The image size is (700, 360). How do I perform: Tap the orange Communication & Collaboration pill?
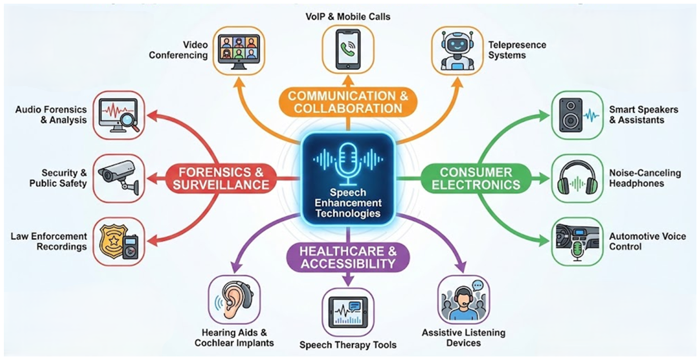click(348, 102)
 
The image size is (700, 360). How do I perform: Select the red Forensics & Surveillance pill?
click(221, 179)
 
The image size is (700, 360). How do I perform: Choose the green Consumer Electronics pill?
click(476, 179)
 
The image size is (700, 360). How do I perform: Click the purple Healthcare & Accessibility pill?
click(348, 257)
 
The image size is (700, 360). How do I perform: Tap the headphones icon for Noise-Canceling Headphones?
click(577, 178)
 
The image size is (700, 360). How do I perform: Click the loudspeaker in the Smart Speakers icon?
click(571, 115)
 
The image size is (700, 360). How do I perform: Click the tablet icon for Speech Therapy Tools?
click(348, 313)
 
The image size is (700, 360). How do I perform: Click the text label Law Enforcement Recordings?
click(49, 241)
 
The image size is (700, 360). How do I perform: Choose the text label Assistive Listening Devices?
click(464, 338)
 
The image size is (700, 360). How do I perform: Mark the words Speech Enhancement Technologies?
click(348, 203)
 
